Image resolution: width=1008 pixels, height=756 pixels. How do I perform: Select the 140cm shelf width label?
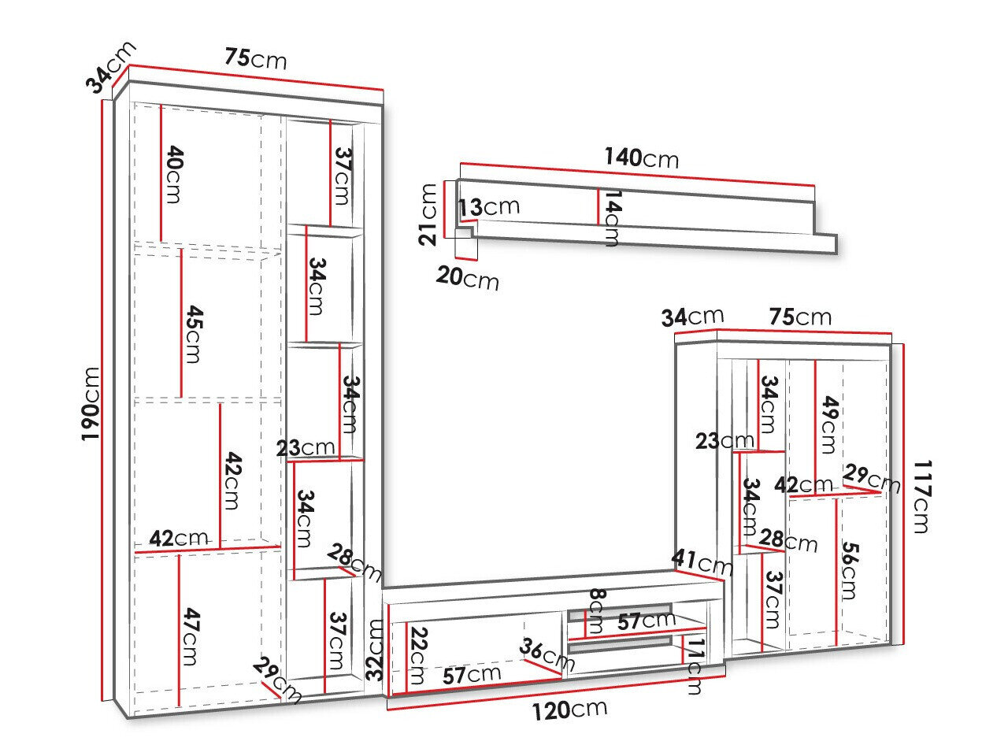pos(640,157)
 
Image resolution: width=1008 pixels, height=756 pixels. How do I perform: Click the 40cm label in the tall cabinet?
pos(173,175)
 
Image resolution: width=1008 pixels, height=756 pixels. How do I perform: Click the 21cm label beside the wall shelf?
pos(428,214)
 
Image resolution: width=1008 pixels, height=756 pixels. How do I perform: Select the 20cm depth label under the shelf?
pos(468,277)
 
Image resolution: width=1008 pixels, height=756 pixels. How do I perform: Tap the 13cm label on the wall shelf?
pos(489,207)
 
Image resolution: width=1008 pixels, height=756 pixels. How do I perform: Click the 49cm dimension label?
pos(826,426)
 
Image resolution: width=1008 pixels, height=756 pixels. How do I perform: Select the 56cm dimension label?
pos(847,570)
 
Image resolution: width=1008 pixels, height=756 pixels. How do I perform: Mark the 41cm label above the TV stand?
pos(702,561)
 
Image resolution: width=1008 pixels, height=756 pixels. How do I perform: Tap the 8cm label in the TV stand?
pos(595,610)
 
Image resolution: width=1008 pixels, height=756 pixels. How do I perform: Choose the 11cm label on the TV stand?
pos(695,666)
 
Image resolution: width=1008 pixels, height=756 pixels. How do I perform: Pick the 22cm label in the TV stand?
pos(418,655)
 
